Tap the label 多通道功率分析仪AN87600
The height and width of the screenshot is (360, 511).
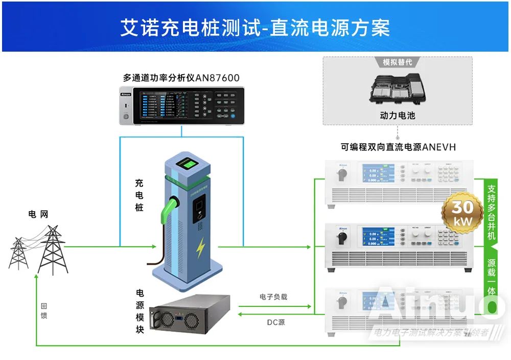181,78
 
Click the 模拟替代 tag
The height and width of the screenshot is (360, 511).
397,62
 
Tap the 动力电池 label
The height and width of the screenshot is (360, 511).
397,116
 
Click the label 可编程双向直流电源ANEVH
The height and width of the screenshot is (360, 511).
398,147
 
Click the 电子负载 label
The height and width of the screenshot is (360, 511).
273,297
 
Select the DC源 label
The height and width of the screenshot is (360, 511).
276,322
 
